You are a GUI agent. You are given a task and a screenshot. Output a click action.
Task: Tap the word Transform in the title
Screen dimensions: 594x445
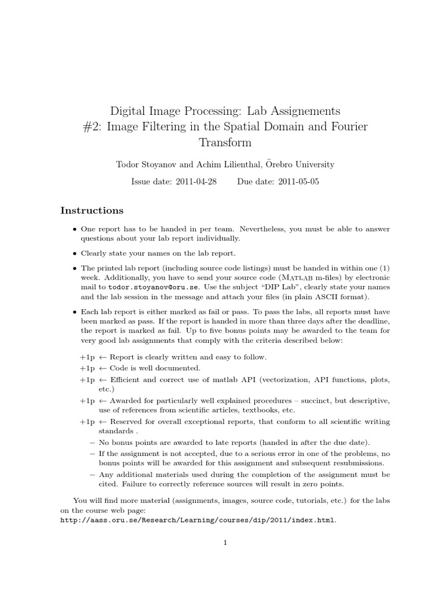tap(225, 142)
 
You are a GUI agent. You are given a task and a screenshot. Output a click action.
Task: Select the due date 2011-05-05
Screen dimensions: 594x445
tap(298, 182)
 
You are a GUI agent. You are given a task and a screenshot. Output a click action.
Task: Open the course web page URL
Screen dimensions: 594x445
tap(198, 520)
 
